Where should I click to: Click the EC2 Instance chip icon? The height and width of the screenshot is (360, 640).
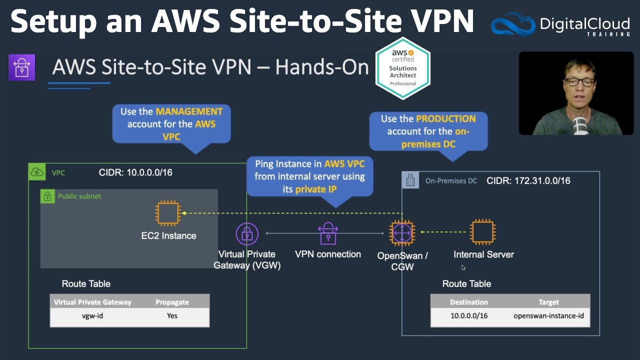pyautogui.click(x=168, y=212)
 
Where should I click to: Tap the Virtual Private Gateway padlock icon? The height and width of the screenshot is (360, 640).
pyautogui.click(x=246, y=234)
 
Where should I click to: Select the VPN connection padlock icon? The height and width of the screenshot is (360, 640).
pyautogui.click(x=328, y=233)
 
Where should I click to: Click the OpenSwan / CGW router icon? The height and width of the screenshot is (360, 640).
pyautogui.click(x=401, y=232)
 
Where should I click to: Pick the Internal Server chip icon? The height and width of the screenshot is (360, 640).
pyautogui.click(x=482, y=231)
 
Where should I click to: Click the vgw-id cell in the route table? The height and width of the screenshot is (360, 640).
pyautogui.click(x=92, y=316)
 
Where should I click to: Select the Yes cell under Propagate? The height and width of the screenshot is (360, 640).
pyautogui.click(x=172, y=316)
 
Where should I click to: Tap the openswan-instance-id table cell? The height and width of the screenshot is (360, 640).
pyautogui.click(x=548, y=316)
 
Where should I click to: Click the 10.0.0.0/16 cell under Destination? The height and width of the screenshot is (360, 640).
pyautogui.click(x=468, y=316)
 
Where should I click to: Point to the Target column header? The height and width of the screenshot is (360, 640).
pyautogui.click(x=548, y=302)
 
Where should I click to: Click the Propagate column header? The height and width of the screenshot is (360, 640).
pyautogui.click(x=172, y=302)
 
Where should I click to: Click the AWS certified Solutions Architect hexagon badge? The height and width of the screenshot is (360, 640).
pyautogui.click(x=403, y=68)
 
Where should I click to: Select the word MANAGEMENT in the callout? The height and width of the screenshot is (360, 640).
pyautogui.click(x=189, y=111)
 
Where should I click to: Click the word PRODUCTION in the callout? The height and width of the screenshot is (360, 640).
pyautogui.click(x=445, y=119)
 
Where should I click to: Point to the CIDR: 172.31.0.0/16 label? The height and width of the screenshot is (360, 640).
pyautogui.click(x=528, y=180)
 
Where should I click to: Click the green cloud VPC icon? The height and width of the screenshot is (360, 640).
pyautogui.click(x=37, y=173)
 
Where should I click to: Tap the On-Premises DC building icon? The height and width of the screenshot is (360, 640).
pyautogui.click(x=410, y=180)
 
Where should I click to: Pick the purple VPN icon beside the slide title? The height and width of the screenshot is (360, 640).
pyautogui.click(x=21, y=67)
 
